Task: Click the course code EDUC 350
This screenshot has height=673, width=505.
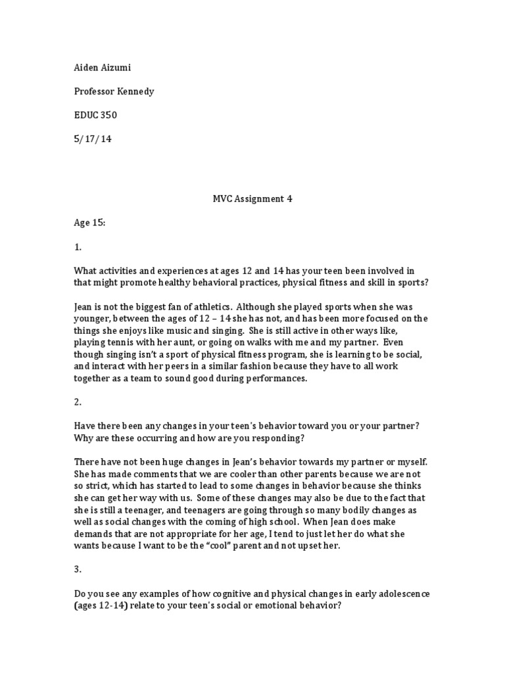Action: click(x=95, y=116)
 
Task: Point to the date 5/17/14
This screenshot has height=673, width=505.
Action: click(x=92, y=139)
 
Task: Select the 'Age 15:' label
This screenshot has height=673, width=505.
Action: click(x=89, y=223)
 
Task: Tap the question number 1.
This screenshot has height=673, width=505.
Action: click(x=77, y=247)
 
